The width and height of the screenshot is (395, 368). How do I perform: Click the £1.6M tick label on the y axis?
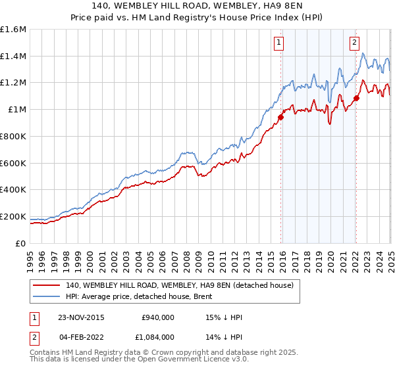pos(13,30)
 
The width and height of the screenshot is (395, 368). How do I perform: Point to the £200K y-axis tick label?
pos(13,216)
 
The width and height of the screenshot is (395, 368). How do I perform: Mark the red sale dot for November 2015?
pos(280,117)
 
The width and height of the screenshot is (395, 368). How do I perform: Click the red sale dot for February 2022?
pos(355,98)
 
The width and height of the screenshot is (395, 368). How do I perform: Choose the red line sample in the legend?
pos(47,285)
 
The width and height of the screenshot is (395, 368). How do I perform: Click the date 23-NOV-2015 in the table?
pos(80,317)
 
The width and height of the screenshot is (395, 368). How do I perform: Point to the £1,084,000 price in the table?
pos(157,336)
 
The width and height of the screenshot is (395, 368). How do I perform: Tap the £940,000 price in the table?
pos(158,317)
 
